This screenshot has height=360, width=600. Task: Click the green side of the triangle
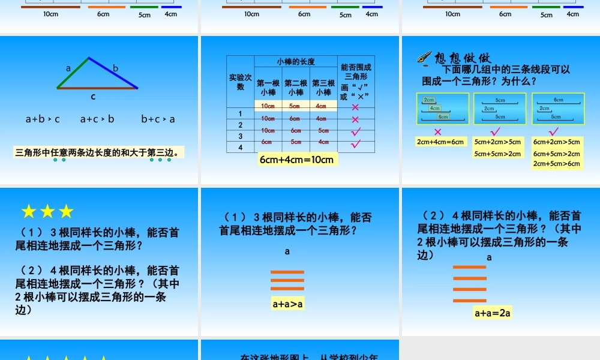point(73,73)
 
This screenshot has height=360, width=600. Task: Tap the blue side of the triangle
point(114,73)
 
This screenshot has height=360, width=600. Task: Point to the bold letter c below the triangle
point(93,96)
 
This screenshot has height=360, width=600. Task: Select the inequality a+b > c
point(43,119)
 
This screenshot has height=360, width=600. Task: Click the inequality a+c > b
point(97,119)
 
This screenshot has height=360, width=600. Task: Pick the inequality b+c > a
point(158,119)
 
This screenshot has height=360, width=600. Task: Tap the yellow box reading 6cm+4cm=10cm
point(296,160)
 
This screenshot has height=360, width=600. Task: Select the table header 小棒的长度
point(296,62)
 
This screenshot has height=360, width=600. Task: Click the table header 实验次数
point(240,82)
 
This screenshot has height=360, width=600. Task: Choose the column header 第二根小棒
point(296,88)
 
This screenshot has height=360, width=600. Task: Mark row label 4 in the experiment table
point(241,148)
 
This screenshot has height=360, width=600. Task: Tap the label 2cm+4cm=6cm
point(440,142)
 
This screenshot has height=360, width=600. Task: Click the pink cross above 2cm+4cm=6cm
point(437,132)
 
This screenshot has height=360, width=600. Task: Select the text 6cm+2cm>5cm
point(557,142)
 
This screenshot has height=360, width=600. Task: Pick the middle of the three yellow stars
point(47,211)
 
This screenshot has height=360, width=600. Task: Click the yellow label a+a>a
point(288,304)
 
